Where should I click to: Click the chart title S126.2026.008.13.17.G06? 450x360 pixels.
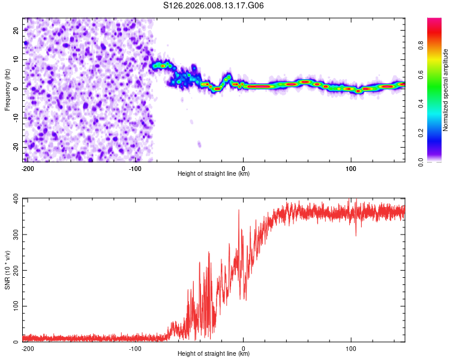pos(214,5)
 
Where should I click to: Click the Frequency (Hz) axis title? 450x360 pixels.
pos(7,89)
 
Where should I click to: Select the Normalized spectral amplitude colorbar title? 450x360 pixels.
pos(446,90)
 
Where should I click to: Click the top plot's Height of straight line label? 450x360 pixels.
pos(214,174)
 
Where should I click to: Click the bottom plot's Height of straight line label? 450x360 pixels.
pos(214,354)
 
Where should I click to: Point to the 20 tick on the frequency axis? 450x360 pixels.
pos(16,30)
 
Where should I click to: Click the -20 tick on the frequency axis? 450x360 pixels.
pos(14,147)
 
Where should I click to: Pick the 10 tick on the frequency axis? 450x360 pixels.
pos(16,59)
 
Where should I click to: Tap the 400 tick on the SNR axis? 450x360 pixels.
pos(13,199)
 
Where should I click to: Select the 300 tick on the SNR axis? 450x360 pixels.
pos(13,235)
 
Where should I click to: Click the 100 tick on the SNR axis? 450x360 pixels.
pos(13,306)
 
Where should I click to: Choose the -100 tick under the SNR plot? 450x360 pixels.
pos(135,349)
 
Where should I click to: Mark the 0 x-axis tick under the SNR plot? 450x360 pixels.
pos(243,349)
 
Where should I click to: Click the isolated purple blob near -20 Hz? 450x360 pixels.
pos(199,145)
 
